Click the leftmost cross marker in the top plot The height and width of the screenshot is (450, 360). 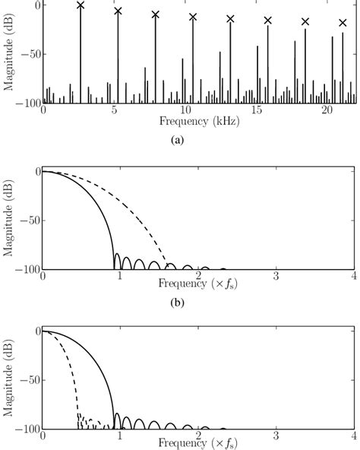(81, 5)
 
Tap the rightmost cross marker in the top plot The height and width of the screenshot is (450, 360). (343, 23)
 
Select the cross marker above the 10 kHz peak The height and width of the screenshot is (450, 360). (193, 17)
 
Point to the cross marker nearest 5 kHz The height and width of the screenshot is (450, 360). (118, 11)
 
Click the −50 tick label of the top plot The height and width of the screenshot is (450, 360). (28, 55)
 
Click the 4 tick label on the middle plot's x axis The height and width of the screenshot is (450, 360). (353, 277)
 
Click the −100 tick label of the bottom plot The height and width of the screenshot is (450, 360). (26, 429)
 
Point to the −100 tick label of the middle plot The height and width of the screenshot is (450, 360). (26, 269)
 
